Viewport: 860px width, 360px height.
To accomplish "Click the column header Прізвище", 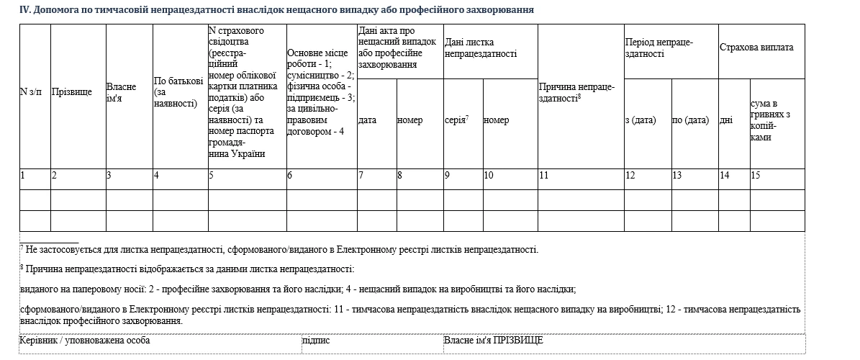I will [72, 91].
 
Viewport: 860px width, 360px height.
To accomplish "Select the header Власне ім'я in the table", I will [121, 92].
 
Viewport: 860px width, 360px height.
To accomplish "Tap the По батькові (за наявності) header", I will [176, 92].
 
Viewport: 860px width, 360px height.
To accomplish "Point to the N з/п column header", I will [31, 91].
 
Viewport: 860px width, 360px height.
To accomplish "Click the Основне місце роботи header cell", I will [320, 92].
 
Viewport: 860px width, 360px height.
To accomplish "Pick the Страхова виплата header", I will [756, 48].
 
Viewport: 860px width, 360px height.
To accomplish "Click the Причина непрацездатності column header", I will [576, 92].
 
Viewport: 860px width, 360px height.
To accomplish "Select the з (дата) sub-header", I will [641, 120].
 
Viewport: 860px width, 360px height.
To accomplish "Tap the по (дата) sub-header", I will [690, 120].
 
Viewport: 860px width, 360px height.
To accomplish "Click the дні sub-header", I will [726, 120].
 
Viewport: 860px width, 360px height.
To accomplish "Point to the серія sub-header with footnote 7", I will [457, 120].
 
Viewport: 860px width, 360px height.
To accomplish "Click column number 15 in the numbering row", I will [756, 175].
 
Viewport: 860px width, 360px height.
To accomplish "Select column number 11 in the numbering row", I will [543, 175].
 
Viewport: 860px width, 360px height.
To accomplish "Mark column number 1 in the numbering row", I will [23, 175].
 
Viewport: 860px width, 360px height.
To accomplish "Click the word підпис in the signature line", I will [317, 340].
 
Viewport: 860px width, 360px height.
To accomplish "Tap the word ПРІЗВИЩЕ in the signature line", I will [518, 340].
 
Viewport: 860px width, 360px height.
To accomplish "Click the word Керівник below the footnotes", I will [38, 340].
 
